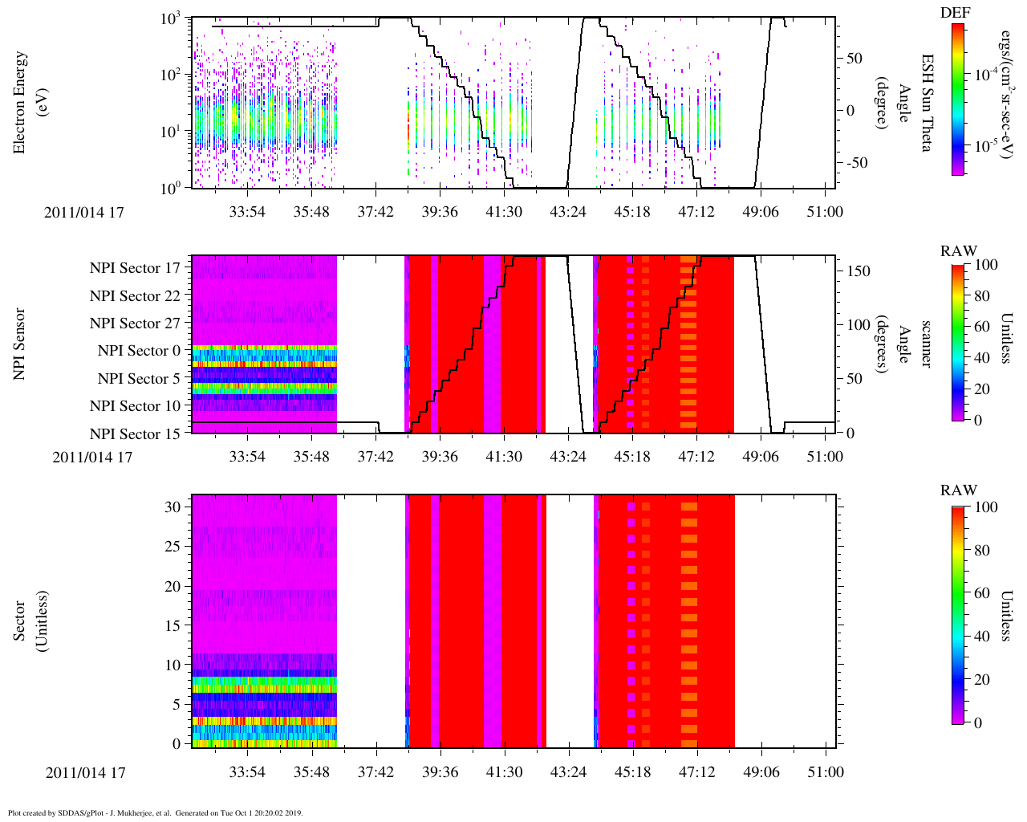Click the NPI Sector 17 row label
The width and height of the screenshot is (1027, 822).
135,268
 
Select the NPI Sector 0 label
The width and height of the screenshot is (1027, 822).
140,351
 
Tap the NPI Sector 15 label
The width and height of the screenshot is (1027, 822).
135,434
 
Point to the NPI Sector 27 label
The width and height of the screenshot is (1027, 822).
135,324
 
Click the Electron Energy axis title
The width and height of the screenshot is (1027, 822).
28,102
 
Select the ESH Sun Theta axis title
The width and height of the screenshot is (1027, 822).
926,102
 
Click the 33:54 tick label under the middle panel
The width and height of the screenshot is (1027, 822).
247,457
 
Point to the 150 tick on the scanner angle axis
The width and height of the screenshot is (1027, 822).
859,271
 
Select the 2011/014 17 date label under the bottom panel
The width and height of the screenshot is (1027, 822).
86,773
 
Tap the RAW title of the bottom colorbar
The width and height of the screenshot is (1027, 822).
959,490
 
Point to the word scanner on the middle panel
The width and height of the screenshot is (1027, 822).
926,344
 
